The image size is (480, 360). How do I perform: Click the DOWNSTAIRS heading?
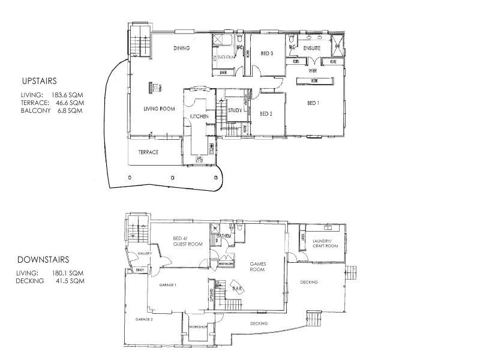43,260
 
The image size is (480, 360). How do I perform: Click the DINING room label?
182,48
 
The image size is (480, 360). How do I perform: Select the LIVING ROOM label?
158,109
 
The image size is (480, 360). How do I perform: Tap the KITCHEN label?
199,116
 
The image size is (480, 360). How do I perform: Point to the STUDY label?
235,110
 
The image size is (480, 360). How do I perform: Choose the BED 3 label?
267,53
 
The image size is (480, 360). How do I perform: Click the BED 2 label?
266,113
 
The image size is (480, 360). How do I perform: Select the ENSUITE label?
312,47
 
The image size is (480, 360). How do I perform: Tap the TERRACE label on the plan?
148,152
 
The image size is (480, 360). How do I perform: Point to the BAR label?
236,289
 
